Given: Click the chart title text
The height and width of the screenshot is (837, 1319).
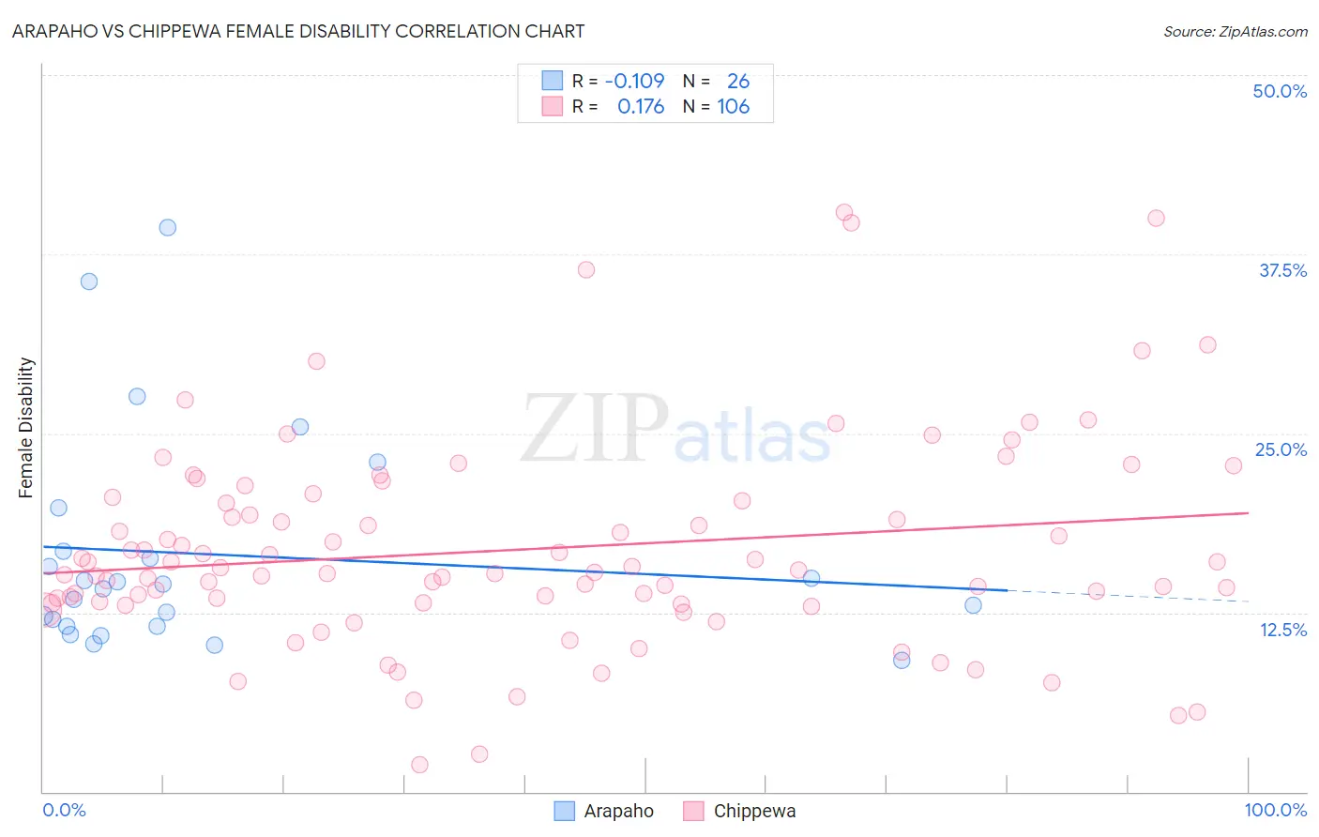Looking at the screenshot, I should [298, 31].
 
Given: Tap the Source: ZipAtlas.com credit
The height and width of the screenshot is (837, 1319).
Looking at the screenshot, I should [1235, 31].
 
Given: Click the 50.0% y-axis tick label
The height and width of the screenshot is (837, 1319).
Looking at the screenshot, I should [1280, 91].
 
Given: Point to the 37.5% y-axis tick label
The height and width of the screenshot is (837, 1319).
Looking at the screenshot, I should [1282, 270].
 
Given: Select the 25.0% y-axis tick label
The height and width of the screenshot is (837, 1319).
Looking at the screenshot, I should [1281, 449].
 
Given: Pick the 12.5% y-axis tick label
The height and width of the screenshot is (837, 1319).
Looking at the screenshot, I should [1282, 630].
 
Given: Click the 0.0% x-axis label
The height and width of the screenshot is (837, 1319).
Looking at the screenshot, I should [64, 810].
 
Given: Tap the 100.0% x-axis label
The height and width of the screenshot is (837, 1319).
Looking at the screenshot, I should [1275, 810].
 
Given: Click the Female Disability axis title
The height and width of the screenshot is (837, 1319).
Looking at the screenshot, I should [26, 427].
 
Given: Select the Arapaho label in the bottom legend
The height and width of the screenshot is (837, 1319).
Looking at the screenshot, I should [618, 811].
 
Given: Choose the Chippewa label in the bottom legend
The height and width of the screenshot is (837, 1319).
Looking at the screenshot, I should [754, 811].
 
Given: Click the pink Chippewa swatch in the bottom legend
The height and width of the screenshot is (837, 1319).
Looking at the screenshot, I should [693, 811].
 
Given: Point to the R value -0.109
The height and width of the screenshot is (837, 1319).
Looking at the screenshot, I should [634, 81].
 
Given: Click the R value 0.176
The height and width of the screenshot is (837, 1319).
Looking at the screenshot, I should [641, 107].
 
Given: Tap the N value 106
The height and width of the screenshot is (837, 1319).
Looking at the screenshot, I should [733, 107].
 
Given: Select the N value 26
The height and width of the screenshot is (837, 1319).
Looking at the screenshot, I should [738, 81].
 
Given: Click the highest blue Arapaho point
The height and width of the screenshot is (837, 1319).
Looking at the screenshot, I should [167, 227].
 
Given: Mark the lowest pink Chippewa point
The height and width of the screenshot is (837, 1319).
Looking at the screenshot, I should [419, 765].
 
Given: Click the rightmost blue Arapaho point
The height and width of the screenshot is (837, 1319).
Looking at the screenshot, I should [973, 605].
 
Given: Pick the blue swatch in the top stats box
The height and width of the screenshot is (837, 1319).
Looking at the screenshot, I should [553, 81].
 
